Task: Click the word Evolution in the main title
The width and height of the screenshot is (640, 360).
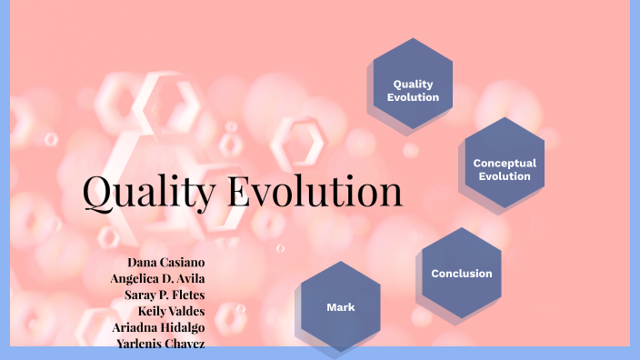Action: pyautogui.click(x=314, y=192)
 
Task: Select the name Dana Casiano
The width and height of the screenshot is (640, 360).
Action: pyautogui.click(x=165, y=261)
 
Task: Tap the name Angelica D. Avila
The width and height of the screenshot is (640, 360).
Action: pyautogui.click(x=157, y=277)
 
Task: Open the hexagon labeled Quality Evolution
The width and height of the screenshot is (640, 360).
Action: pyautogui.click(x=414, y=84)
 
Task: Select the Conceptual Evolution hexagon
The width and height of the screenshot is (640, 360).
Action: pyautogui.click(x=505, y=169)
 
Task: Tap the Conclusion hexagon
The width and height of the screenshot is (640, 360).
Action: pyautogui.click(x=462, y=274)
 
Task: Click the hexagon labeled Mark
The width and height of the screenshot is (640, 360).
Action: pyautogui.click(x=341, y=307)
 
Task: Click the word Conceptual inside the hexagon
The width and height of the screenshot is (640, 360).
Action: pyautogui.click(x=505, y=164)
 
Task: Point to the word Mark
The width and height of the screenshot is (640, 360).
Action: pyautogui.click(x=341, y=307)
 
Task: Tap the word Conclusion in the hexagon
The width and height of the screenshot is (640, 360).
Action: pyautogui.click(x=462, y=274)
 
